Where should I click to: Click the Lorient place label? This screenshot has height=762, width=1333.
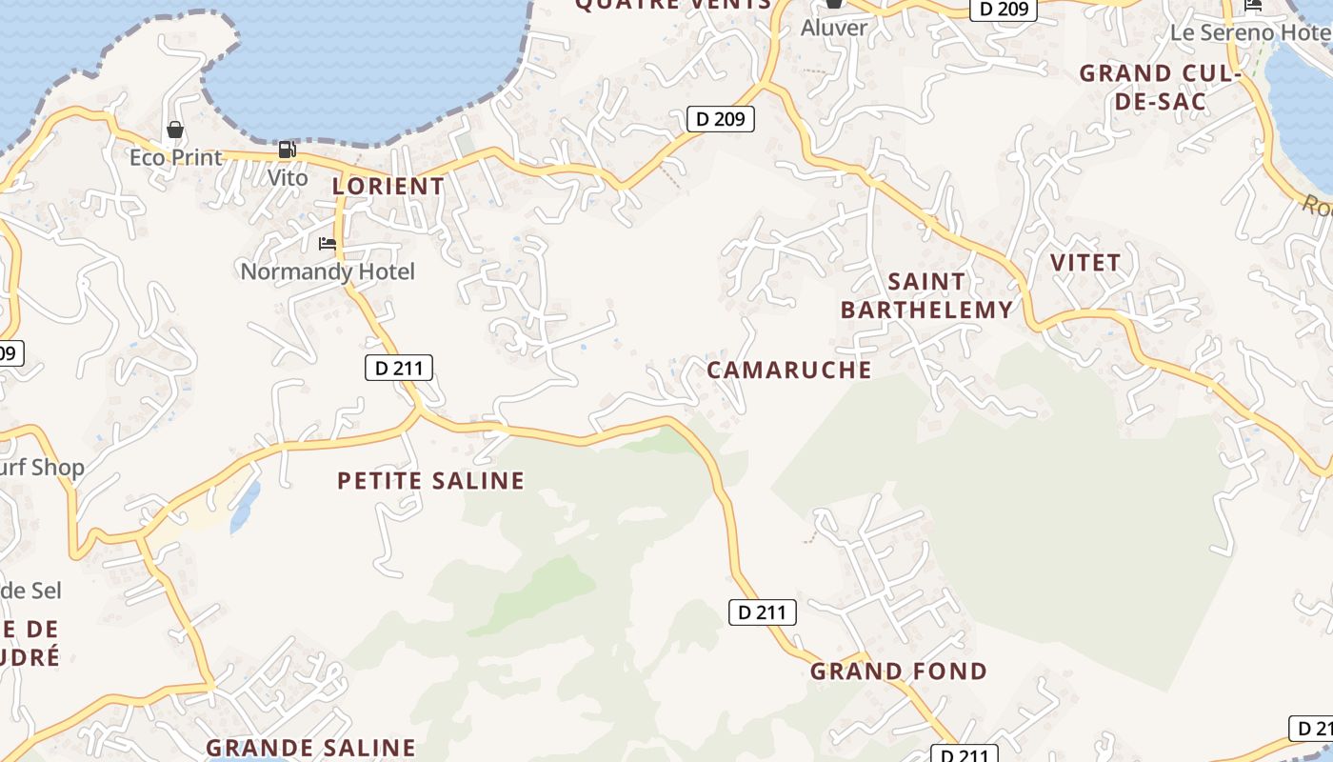(x=388, y=187)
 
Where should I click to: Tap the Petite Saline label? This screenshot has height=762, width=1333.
(x=430, y=481)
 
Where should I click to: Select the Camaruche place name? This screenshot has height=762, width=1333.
(x=788, y=370)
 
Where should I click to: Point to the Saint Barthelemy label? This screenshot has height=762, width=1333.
(x=926, y=295)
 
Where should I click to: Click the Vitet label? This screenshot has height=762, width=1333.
(x=1084, y=262)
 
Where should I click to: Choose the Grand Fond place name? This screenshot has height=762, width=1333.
(x=898, y=672)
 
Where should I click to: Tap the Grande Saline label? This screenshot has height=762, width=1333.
(x=310, y=748)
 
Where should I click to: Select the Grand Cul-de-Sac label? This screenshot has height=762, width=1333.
(x=1158, y=88)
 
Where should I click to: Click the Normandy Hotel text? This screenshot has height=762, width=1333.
(x=328, y=271)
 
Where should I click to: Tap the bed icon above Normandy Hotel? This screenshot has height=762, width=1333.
(x=328, y=244)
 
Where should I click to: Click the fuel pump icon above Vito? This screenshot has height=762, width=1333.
(x=287, y=150)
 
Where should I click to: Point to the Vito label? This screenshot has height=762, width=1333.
(x=287, y=178)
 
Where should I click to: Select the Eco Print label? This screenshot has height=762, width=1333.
(x=175, y=157)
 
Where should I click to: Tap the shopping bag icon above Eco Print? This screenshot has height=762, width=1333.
(x=175, y=130)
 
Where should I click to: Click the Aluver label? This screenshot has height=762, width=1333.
(x=834, y=28)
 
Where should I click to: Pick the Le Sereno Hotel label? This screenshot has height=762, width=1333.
(x=1249, y=32)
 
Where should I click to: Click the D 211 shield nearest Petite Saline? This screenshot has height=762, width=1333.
(x=399, y=368)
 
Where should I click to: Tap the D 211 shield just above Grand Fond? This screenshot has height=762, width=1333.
(x=763, y=612)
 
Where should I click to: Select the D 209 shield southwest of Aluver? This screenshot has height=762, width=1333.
(x=721, y=119)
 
